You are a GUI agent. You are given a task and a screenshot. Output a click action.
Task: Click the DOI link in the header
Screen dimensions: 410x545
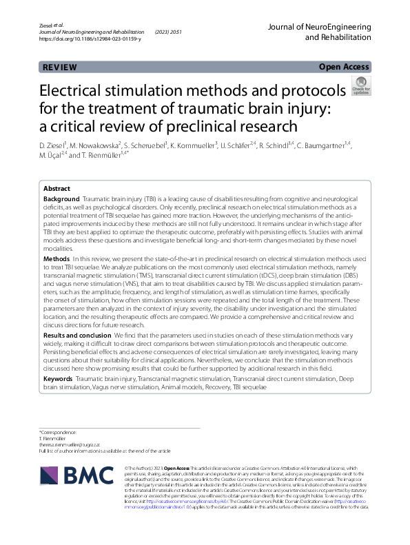click(x=90, y=39)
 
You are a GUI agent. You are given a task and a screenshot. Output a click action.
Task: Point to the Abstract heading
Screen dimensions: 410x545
click(x=57, y=188)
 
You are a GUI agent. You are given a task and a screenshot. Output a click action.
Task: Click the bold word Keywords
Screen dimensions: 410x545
click(x=58, y=379)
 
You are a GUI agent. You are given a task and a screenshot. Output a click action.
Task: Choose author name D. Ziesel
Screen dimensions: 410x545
click(x=52, y=145)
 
